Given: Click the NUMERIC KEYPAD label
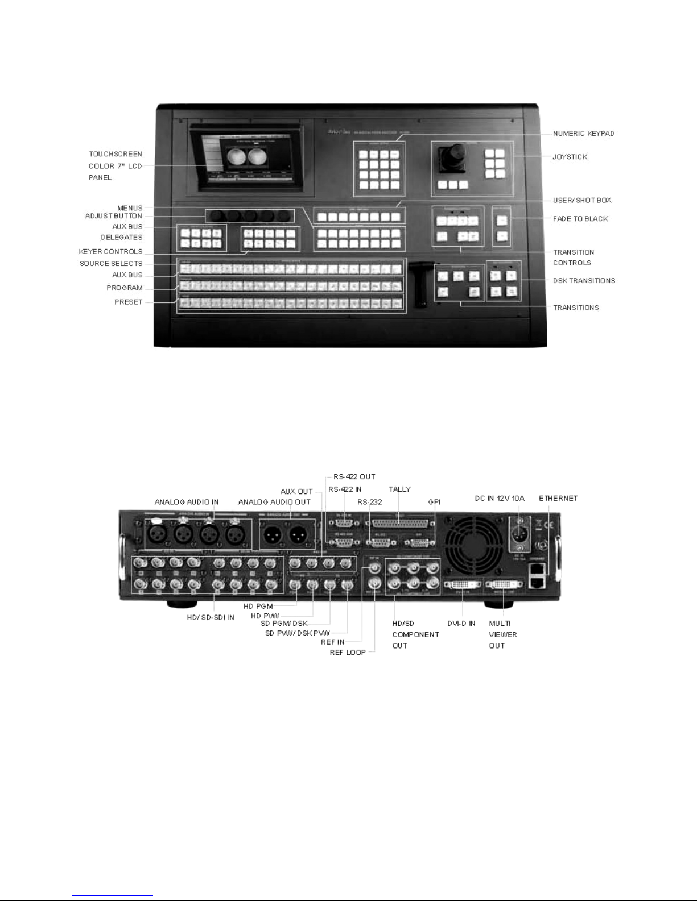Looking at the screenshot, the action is click(x=584, y=134).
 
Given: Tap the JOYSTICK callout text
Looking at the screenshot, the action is click(x=570, y=156).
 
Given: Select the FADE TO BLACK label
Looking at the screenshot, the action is click(x=580, y=218).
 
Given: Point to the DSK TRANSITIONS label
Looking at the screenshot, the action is click(x=584, y=280).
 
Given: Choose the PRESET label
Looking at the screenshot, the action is click(x=128, y=302).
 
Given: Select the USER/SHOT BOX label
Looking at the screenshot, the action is click(x=582, y=200).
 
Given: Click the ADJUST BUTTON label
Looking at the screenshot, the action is click(x=114, y=216).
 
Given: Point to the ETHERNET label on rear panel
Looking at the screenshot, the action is click(x=558, y=498).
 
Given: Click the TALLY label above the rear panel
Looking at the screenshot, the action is click(x=399, y=489).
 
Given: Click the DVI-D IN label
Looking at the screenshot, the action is click(x=461, y=624).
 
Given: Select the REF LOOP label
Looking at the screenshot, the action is click(x=348, y=653).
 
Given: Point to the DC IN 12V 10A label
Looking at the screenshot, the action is click(x=500, y=498).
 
